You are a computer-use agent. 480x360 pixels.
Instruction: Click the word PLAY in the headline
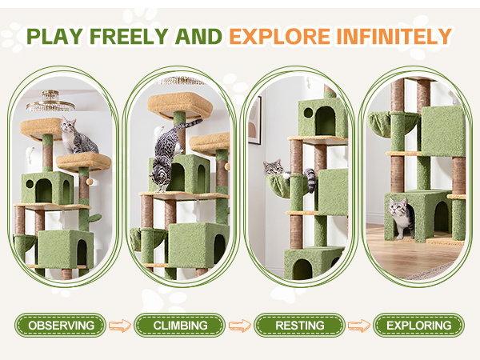pyautogui.click(x=54, y=37)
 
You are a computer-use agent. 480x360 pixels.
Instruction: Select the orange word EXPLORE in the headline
pyautogui.click(x=279, y=37)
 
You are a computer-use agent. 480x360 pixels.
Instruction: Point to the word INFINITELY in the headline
pyautogui.click(x=394, y=37)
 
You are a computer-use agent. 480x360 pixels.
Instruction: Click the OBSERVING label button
pyautogui.click(x=61, y=325)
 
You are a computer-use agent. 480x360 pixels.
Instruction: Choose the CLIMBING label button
pyautogui.click(x=180, y=325)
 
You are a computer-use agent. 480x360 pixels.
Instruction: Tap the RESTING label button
pyautogui.click(x=300, y=325)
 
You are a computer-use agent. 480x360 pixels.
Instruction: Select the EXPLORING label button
pyautogui.click(x=418, y=325)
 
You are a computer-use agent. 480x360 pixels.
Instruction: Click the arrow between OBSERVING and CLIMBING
pyautogui.click(x=120, y=326)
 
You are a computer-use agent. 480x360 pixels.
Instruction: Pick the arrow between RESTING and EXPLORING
pyautogui.click(x=358, y=326)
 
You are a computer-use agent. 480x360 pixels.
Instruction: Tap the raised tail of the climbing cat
pyautogui.click(x=190, y=123)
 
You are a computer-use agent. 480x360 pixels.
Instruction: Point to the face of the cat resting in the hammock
pyautogui.click(x=274, y=167)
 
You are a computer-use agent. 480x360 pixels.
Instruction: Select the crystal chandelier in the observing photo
pyautogui.click(x=50, y=102)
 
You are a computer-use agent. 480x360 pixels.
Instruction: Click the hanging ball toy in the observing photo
pyautogui.click(x=90, y=182)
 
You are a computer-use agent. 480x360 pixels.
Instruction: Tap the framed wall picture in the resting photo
pyautogui.click(x=254, y=120)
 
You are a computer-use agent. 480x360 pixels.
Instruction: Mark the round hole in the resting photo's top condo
pyautogui.click(x=308, y=113)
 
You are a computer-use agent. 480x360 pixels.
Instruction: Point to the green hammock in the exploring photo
pyautogui.click(x=392, y=124)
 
